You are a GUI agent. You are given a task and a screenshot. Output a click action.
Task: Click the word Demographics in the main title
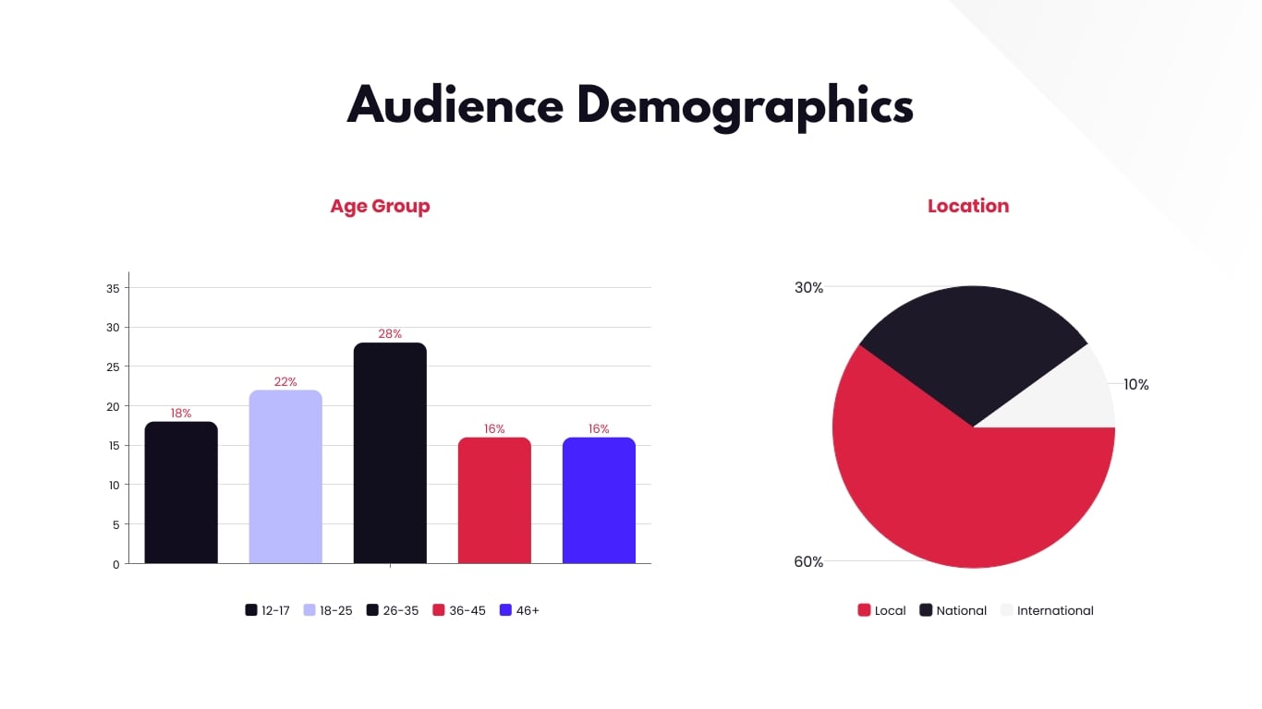tap(745, 106)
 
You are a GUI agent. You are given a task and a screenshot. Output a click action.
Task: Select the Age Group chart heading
tap(380, 206)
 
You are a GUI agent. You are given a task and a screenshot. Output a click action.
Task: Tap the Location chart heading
tap(967, 206)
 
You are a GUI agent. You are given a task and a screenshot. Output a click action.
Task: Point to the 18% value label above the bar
tap(181, 413)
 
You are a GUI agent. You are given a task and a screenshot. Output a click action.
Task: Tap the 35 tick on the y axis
tap(113, 288)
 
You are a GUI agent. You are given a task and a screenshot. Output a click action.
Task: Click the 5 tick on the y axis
tap(115, 524)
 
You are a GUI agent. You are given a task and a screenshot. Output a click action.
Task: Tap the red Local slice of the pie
tap(961, 499)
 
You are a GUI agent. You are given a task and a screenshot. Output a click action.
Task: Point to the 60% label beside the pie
tap(808, 561)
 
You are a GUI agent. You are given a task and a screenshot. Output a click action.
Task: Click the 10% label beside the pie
tap(1135, 384)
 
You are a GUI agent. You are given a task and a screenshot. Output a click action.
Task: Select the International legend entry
tap(1047, 610)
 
